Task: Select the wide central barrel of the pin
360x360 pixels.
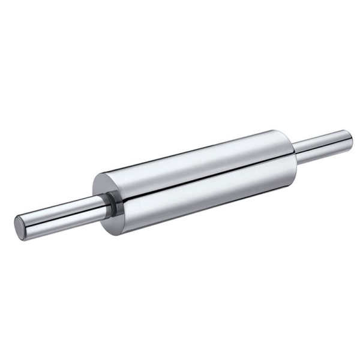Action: click(x=198, y=180)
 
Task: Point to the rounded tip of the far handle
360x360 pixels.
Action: click(x=349, y=140)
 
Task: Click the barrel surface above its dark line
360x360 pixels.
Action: click(x=198, y=162)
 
